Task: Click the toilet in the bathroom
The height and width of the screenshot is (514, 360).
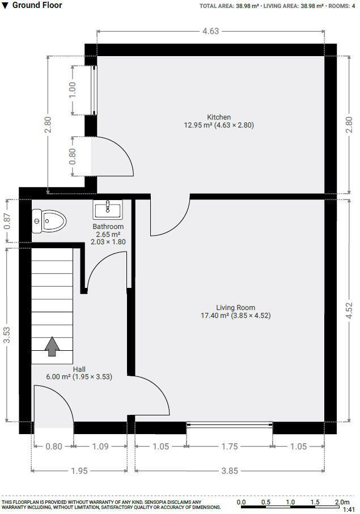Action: (x=49, y=220)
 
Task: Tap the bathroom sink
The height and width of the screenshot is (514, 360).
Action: (x=108, y=210)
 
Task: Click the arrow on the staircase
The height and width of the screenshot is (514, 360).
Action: (x=52, y=346)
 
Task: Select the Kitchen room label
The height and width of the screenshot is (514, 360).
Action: (x=219, y=117)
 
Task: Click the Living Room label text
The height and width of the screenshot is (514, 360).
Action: (x=235, y=308)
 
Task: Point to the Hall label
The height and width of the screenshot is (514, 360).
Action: (x=79, y=368)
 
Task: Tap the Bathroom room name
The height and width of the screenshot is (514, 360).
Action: (x=108, y=227)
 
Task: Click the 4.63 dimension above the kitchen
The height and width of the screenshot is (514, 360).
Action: (x=210, y=31)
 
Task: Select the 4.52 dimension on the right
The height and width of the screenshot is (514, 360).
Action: (x=349, y=311)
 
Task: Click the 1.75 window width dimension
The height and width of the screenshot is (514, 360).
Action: (x=230, y=447)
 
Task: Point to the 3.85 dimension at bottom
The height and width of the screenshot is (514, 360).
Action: (x=230, y=470)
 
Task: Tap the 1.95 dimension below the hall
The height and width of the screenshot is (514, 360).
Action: (x=79, y=470)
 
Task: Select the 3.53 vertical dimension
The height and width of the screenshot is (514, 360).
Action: (x=7, y=334)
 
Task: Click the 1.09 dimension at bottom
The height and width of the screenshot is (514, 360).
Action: (x=100, y=447)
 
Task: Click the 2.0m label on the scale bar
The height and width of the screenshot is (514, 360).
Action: (x=341, y=502)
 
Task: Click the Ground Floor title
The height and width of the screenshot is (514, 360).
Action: (x=37, y=6)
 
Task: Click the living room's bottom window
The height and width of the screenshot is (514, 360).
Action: (x=230, y=423)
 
